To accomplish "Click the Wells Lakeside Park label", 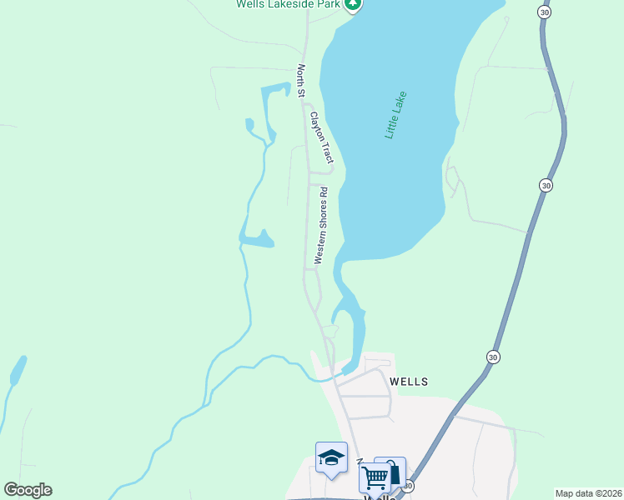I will (289, 4).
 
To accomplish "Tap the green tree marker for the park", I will (353, 4).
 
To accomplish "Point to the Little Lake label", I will (395, 114).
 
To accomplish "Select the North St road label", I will (301, 80).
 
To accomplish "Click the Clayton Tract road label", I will (321, 137).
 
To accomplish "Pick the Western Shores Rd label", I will (320, 226).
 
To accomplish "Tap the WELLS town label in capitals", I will (409, 382).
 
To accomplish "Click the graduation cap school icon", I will (331, 457).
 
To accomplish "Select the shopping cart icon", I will (375, 477).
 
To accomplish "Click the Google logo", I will (28, 490).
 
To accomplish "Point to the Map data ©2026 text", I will (588, 493).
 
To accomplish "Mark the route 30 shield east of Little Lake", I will (545, 185).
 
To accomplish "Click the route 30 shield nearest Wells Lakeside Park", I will (544, 12).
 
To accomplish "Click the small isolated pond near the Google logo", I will (18, 370).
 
